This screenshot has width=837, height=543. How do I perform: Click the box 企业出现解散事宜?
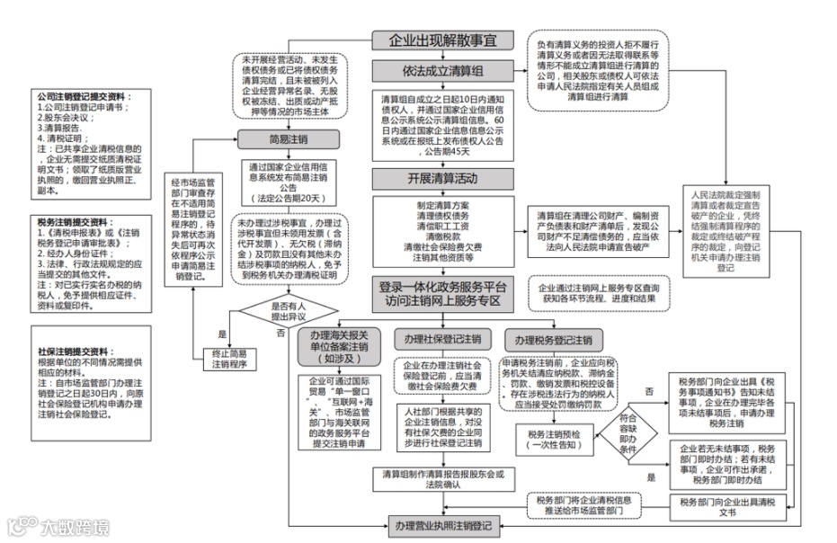442,41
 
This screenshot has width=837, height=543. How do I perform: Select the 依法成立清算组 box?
442,71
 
